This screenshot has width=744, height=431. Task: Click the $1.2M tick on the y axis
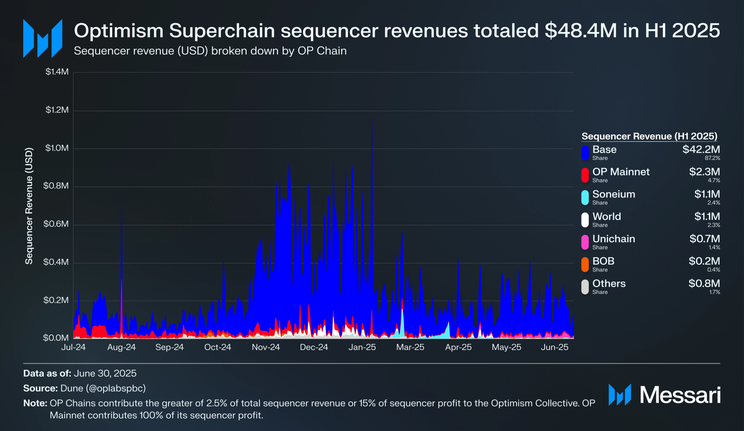click(57, 110)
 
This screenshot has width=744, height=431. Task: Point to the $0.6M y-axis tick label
click(56, 224)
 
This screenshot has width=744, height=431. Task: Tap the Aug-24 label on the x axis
click(122, 347)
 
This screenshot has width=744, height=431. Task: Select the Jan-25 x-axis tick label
click(362, 347)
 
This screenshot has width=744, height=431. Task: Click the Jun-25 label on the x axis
click(555, 347)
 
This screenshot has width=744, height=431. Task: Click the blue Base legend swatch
click(585, 153)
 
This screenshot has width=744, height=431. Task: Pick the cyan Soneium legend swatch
click(585, 198)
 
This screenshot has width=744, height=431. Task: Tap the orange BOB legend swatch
click(585, 265)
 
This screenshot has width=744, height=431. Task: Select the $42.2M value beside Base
click(701, 149)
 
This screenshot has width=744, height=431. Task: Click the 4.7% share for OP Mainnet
click(714, 181)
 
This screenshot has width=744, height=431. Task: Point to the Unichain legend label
click(614, 239)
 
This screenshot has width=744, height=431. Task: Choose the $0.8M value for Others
click(704, 284)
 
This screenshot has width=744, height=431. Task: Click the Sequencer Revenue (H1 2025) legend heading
click(650, 136)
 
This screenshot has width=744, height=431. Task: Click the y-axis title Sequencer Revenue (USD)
click(29, 206)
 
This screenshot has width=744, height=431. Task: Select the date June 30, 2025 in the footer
click(105, 373)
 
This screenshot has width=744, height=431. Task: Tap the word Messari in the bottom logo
click(680, 395)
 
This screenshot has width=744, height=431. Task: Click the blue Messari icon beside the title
click(43, 38)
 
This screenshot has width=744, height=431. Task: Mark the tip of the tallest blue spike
click(372, 115)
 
